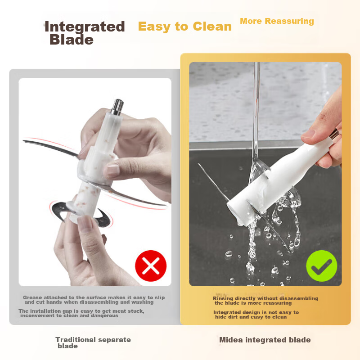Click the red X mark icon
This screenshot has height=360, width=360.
click(x=151, y=266)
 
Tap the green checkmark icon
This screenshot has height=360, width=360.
click(x=321, y=266)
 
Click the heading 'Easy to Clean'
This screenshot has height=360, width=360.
click(x=184, y=27)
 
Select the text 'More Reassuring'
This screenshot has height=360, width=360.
click(x=277, y=21)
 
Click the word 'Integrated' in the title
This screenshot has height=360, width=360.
click(x=85, y=27)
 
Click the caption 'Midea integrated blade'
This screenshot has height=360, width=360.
click(x=265, y=340)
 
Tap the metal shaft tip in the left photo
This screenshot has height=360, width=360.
click(x=118, y=106)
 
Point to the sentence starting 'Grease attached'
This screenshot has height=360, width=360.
click(x=94, y=300)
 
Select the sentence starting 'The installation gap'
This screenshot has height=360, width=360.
click(x=81, y=313)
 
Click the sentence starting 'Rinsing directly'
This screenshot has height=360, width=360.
click(x=265, y=301)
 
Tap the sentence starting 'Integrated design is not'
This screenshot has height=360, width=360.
click(x=256, y=315)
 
